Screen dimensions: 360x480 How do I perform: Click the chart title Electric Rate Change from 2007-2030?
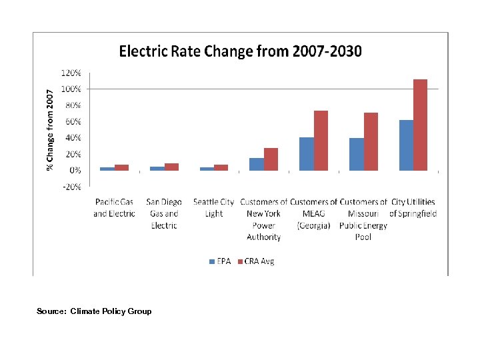coord(240,51)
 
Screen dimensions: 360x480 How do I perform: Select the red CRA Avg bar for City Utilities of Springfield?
coord(420,125)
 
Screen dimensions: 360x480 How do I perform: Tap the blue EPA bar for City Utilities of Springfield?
coord(405,145)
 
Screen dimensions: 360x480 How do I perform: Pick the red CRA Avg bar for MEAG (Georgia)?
coord(321,141)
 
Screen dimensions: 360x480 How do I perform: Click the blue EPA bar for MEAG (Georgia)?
coord(306,154)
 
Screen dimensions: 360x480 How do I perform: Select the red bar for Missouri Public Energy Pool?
coord(371,141)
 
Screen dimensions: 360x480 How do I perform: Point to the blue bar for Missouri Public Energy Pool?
coord(356,154)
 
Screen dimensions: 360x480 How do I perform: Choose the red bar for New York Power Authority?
coord(271,159)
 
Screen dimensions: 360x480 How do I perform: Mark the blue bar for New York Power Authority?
coord(256,164)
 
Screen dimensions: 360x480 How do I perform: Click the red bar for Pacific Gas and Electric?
coord(121,167)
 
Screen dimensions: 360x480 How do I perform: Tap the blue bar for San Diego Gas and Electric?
coord(157,169)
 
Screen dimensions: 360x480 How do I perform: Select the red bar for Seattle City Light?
coord(221,167)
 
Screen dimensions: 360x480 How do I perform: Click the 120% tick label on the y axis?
coord(72,72)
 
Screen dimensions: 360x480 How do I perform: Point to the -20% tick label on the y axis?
coord(72,187)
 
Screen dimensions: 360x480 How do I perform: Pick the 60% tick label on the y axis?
coord(73,121)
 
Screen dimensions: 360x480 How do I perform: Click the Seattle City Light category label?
coord(213,207)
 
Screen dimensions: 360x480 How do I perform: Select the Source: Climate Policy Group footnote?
coord(94,311)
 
